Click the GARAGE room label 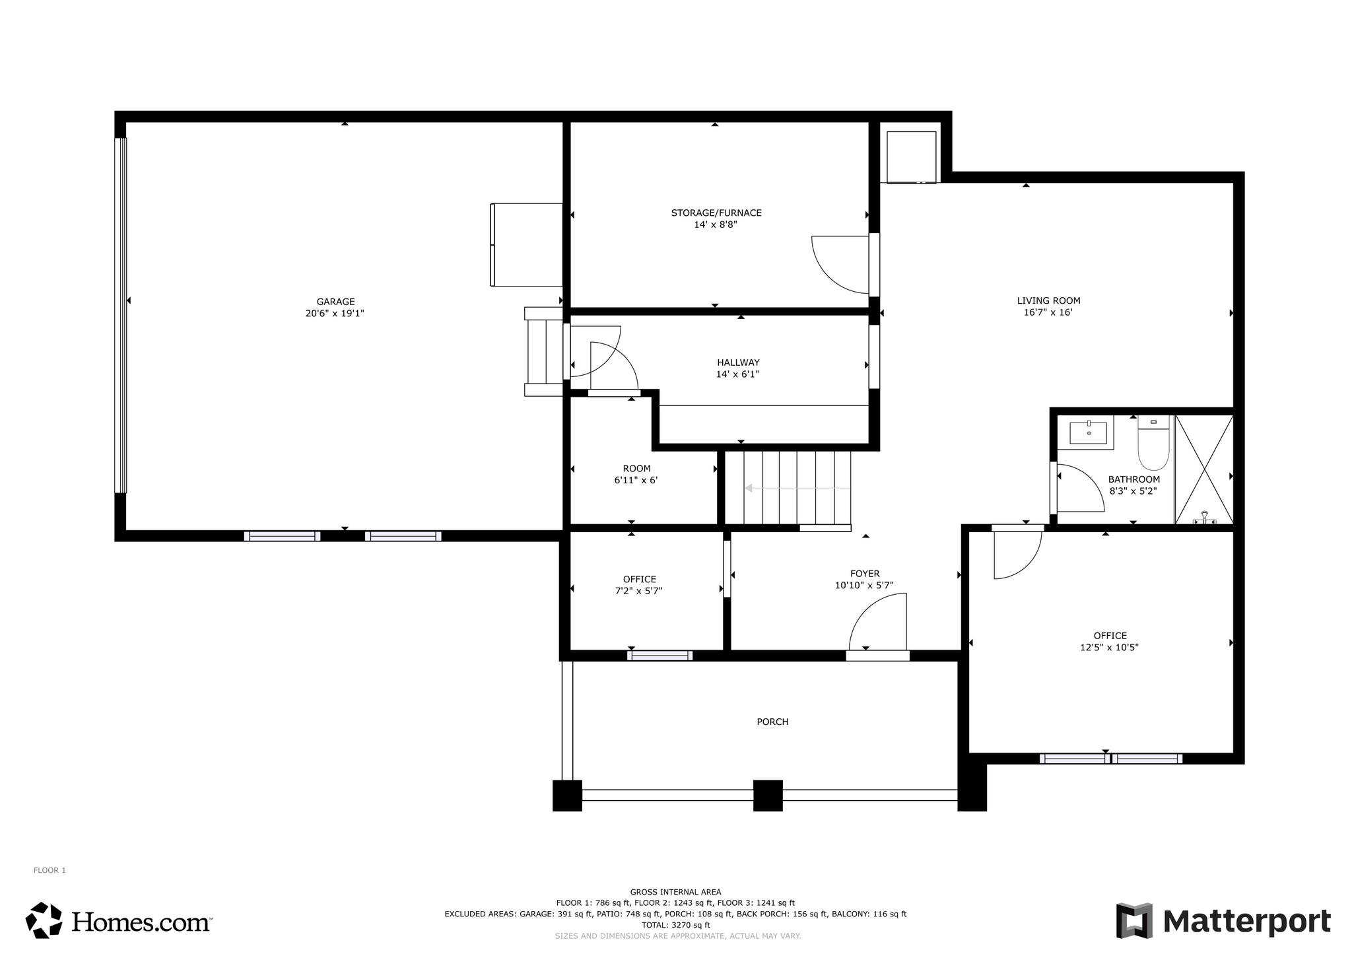click(x=335, y=302)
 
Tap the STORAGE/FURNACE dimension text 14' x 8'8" click(x=716, y=224)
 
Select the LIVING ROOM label click(x=1048, y=300)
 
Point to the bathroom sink click(x=1087, y=433)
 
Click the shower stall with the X click(x=1204, y=469)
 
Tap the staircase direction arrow click(x=750, y=489)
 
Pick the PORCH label click(x=772, y=722)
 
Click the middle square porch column click(x=768, y=795)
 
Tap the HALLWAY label click(x=738, y=362)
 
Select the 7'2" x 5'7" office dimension click(x=638, y=591)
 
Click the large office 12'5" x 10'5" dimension click(x=1109, y=648)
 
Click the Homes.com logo click(x=119, y=920)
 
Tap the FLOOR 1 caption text click(x=50, y=870)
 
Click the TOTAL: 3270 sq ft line click(x=675, y=925)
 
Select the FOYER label click(x=864, y=574)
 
